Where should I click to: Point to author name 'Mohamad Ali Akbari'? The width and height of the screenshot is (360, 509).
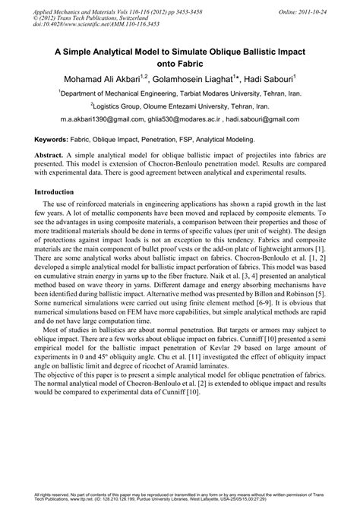click(108, 78)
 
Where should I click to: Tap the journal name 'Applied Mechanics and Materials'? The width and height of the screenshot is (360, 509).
click(78, 6)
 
